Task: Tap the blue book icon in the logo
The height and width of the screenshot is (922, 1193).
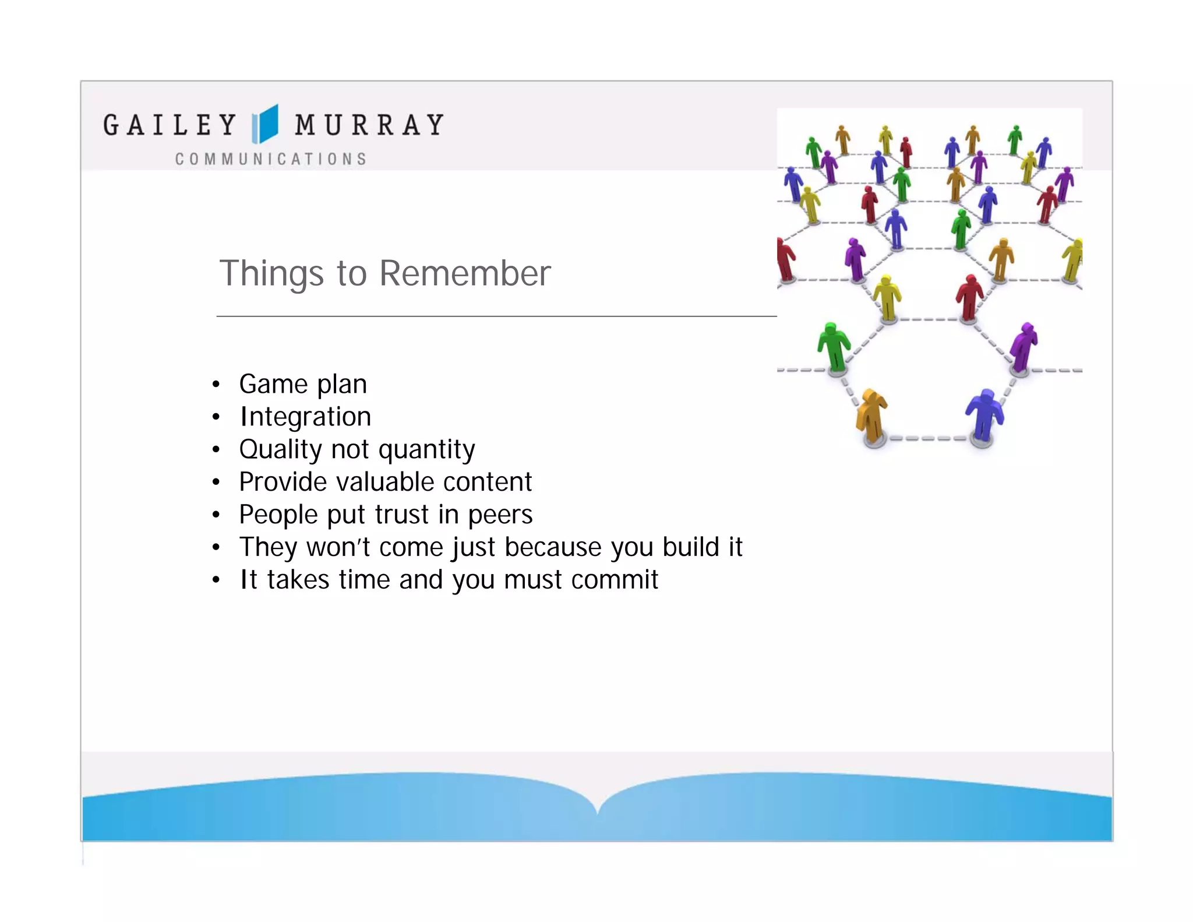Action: [x=265, y=124]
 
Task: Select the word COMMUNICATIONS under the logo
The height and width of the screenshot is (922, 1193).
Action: [x=271, y=159]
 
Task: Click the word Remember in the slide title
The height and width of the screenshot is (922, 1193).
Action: [x=465, y=273]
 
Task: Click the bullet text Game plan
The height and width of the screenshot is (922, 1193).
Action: [x=303, y=385]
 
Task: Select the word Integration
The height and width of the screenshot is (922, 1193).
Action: [x=305, y=417]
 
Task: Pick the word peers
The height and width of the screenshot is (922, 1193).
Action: [x=500, y=515]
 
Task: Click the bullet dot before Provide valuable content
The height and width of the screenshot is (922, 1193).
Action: [x=216, y=483]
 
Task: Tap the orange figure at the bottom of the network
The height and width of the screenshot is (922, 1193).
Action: [x=871, y=415]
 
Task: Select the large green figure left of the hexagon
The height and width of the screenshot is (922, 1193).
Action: [x=834, y=346]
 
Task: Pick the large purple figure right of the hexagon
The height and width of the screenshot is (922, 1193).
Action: [x=1023, y=346]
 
